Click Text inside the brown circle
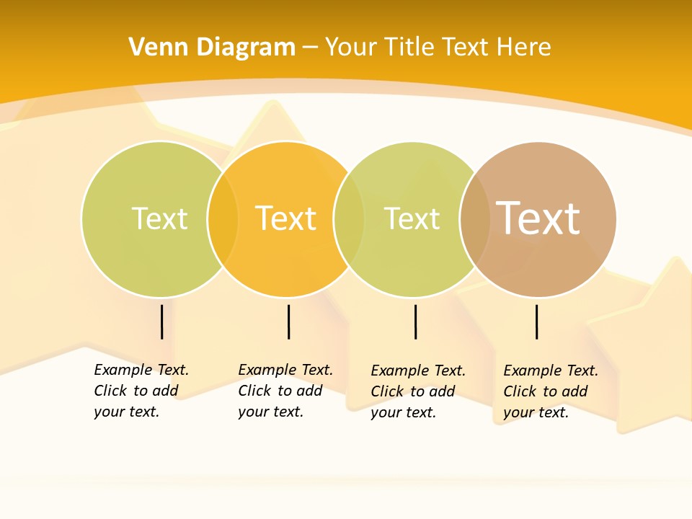point(538,218)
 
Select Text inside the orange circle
point(286,218)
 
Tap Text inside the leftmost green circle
point(159,218)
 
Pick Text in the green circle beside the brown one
point(412,218)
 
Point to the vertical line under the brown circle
point(537,321)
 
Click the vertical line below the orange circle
point(288,321)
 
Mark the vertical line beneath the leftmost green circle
point(162,321)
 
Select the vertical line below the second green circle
point(415,321)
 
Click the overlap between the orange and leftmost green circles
point(223,219)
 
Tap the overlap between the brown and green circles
point(475,219)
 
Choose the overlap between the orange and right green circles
point(349,219)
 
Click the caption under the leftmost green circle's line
point(141,391)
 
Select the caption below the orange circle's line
point(285,391)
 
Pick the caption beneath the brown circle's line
point(550,391)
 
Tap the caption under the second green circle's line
point(417,391)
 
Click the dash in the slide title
point(310,48)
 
